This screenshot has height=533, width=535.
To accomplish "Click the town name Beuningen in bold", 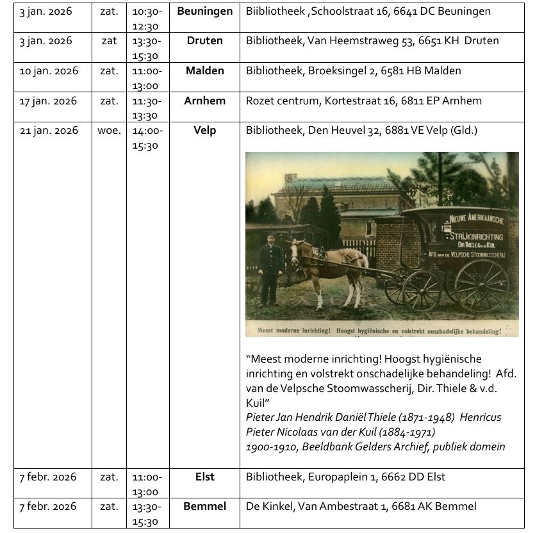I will [x=204, y=12].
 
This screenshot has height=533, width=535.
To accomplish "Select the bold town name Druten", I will [x=204, y=41].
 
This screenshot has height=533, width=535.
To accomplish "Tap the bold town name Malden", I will [x=204, y=70].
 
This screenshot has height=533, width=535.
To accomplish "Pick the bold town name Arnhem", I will [x=204, y=101].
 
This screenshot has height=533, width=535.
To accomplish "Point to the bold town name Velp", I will [x=204, y=130].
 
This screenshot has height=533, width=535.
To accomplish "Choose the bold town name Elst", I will [x=204, y=477].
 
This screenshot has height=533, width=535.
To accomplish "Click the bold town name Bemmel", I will [x=204, y=506].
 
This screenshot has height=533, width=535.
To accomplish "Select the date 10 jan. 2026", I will [x=49, y=70].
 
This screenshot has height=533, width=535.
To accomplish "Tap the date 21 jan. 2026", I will [x=49, y=130].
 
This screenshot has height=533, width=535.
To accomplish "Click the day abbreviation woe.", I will [x=108, y=130].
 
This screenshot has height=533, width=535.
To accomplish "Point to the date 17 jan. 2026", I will [x=49, y=101].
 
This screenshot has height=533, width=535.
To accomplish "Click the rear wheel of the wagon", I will [x=481, y=285].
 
